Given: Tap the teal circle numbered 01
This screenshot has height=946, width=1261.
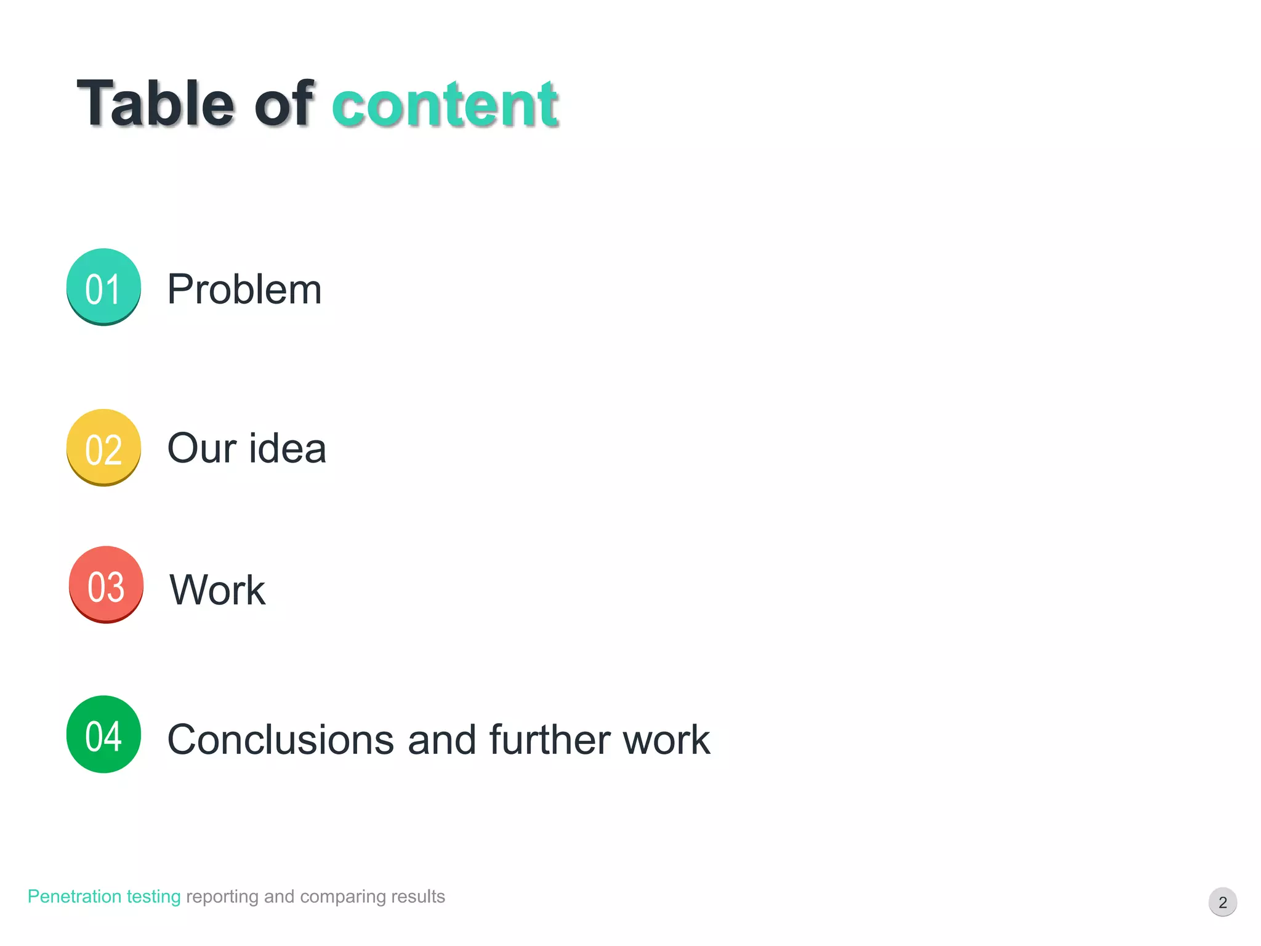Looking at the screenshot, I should point(103,287).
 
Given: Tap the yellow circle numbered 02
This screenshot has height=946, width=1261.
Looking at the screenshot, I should point(103,448).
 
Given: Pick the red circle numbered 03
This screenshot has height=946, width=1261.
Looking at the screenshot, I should point(106,584).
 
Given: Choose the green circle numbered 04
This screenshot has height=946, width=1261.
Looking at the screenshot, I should point(103,734).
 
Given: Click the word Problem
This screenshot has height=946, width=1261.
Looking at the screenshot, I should point(244,289).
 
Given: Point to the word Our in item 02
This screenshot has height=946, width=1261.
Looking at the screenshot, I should point(201,448).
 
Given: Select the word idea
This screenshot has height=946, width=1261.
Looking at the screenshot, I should point(288,448).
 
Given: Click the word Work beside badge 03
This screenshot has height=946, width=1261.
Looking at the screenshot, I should point(217,590).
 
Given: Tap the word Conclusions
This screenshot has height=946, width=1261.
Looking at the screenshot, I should point(280,740).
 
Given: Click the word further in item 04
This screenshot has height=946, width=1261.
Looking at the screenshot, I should point(549,740).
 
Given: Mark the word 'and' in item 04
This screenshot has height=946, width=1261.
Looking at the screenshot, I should point(441,740).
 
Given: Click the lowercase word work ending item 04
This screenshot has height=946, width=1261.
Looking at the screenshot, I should point(666,740).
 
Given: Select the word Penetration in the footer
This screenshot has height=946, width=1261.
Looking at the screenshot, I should point(74,897).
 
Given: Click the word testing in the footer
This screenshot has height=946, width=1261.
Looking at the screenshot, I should point(153,897).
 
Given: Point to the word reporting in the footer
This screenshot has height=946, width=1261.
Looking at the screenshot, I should point(222,897).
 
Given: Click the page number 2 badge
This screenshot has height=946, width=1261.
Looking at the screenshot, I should point(1222,902).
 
